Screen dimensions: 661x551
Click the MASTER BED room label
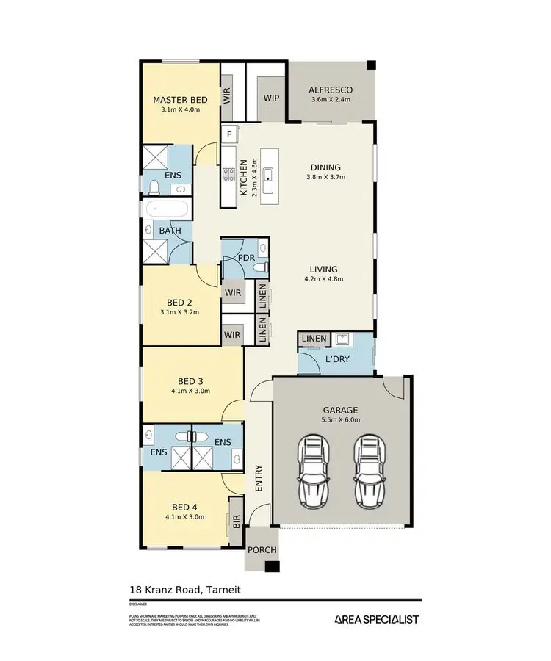pyautogui.click(x=180, y=100)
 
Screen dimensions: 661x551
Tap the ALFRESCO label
pyautogui.click(x=332, y=90)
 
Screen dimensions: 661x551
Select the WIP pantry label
pyautogui.click(x=271, y=98)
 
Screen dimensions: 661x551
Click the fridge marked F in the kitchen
pyautogui.click(x=229, y=134)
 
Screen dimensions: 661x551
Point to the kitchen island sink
pyautogui.click(x=269, y=175)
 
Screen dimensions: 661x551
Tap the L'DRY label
pyautogui.click(x=337, y=360)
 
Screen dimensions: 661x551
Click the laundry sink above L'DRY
pyautogui.click(x=342, y=339)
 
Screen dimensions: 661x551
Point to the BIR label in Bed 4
pyautogui.click(x=237, y=522)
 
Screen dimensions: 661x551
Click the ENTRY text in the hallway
pyautogui.click(x=258, y=479)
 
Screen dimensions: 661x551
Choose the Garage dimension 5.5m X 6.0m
pyautogui.click(x=342, y=421)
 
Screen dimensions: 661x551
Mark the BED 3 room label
pyautogui.click(x=190, y=381)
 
